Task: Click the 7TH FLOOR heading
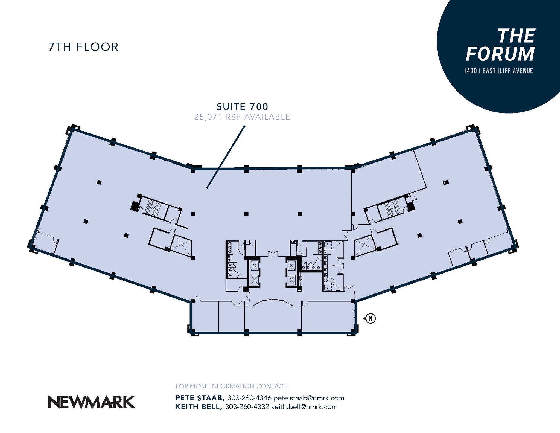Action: coord(83,47)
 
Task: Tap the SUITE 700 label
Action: coord(242,106)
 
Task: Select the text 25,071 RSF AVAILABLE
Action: coord(242,117)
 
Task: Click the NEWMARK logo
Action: coord(92,402)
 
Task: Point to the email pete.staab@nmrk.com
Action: coord(309,398)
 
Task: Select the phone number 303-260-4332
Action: coord(247,407)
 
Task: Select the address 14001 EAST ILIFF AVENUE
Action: coord(498,71)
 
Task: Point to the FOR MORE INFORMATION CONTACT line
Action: coord(232,386)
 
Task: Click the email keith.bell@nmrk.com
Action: coord(304,407)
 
